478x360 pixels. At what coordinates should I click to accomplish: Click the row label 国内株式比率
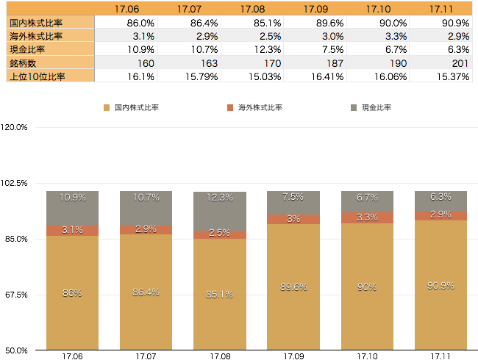pyautogui.click(x=37, y=22)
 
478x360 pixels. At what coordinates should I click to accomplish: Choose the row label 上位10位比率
pyautogui.click(x=37, y=76)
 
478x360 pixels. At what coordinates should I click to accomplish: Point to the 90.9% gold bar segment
pyautogui.click(x=440, y=285)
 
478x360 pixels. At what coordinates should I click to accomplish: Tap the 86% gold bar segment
pyautogui.click(x=72, y=292)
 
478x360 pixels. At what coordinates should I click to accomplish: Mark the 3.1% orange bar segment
pyautogui.click(x=72, y=230)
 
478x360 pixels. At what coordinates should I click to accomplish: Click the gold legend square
pyautogui.click(x=107, y=108)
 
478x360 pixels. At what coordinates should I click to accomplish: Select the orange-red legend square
pyautogui.click(x=230, y=108)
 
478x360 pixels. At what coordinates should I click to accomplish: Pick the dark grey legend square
pyautogui.click(x=354, y=108)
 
